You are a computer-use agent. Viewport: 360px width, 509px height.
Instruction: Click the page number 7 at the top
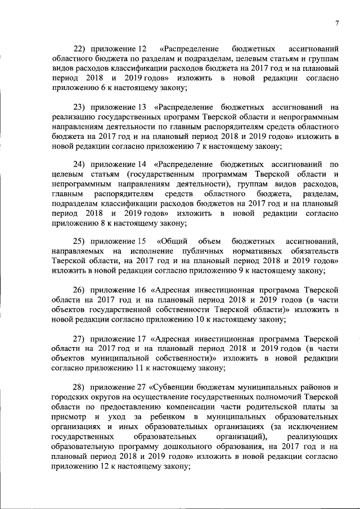click(x=336, y=23)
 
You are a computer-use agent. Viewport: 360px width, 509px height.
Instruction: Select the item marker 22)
click(x=82, y=49)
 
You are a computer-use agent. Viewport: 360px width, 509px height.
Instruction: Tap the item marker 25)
click(x=82, y=242)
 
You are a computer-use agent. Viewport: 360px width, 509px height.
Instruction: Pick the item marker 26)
click(x=82, y=290)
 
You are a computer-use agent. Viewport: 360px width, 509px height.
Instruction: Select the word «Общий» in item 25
click(x=173, y=242)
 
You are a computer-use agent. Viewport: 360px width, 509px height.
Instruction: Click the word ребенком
click(x=161, y=416)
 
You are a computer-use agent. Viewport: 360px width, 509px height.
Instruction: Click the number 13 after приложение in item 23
click(x=142, y=107)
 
